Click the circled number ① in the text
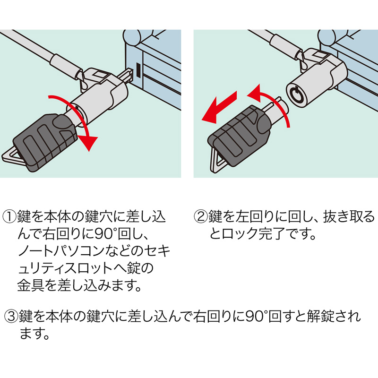tap(9, 216)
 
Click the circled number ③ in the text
tap(11, 316)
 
